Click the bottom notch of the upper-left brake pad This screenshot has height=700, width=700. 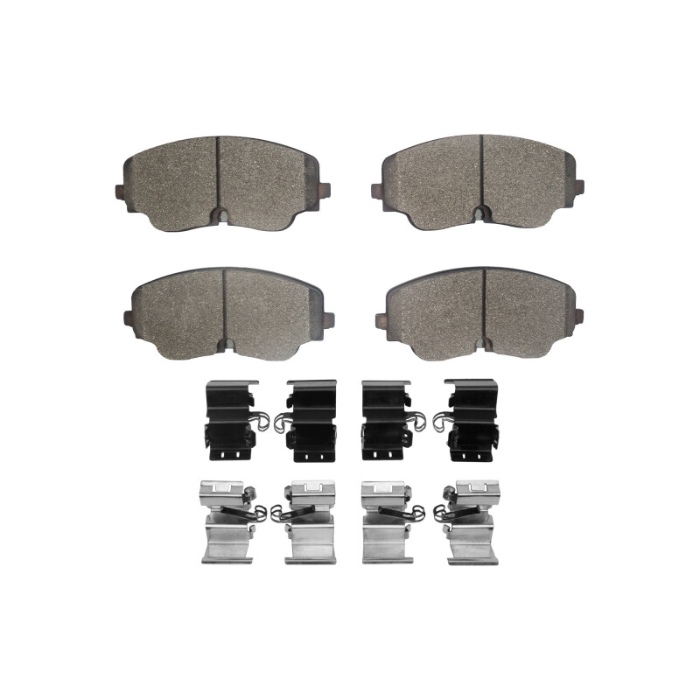(x=221, y=214)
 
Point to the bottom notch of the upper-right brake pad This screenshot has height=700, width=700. (x=479, y=212)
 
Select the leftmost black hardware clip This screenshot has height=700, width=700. (x=229, y=421)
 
